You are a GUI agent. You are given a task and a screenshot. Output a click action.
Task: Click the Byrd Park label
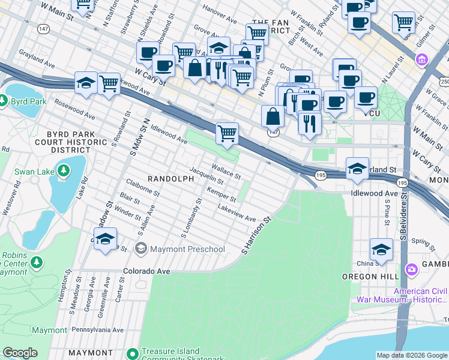(31, 101)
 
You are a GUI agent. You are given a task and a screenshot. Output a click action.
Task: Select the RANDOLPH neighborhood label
(171, 179)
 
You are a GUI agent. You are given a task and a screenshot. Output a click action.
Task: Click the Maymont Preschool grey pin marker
(141, 248)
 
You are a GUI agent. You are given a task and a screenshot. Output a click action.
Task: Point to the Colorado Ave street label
(146, 271)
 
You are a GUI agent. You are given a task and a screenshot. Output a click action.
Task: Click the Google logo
(20, 353)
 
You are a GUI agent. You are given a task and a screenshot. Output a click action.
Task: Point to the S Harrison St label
(256, 235)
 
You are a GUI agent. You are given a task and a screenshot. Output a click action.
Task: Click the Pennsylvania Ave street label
(97, 330)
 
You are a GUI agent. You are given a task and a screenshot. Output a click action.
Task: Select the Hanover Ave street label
(220, 15)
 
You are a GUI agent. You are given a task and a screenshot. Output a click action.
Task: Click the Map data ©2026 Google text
(412, 355)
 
